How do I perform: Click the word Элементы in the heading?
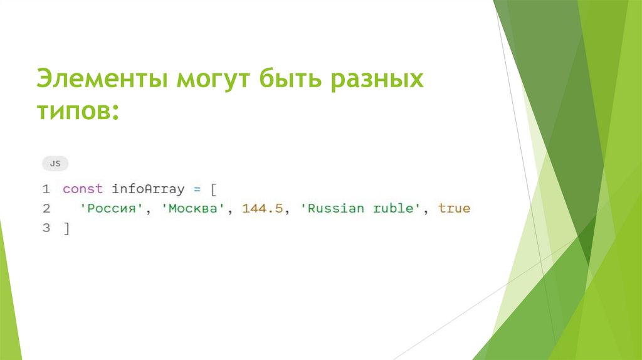coord(101,80)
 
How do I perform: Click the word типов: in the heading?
coord(78,110)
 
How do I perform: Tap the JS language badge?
coord(55,164)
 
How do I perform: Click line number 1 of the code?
coord(46,189)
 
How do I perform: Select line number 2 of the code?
coord(46,208)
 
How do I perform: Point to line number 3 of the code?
coord(46,228)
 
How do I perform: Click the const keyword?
coord(83,189)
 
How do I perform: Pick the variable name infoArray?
coord(148,189)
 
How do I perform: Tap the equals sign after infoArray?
coord(196,189)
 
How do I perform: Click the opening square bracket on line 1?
coord(213,189)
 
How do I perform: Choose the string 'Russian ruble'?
coord(360,208)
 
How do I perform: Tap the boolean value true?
coord(454,208)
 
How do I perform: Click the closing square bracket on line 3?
coord(66,229)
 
